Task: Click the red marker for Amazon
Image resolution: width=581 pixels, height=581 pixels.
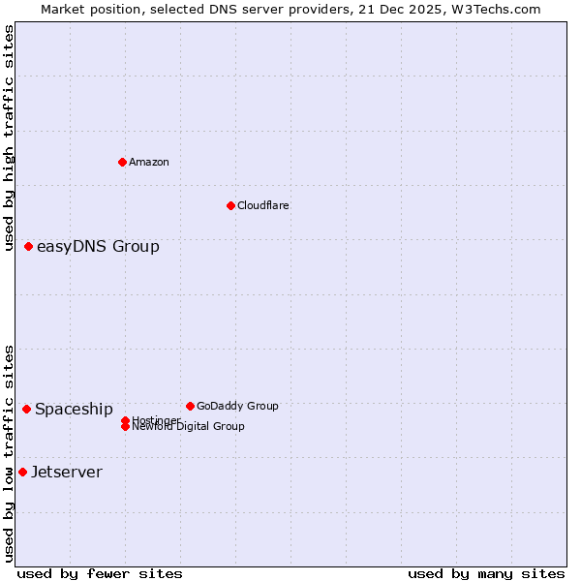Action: click(122, 162)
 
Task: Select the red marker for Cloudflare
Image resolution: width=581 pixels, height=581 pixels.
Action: click(230, 205)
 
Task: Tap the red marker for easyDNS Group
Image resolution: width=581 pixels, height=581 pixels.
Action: click(29, 246)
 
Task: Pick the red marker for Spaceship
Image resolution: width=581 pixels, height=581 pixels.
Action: click(26, 409)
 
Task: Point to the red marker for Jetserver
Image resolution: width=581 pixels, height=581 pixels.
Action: click(22, 472)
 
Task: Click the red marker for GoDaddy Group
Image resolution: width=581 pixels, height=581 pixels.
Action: click(190, 406)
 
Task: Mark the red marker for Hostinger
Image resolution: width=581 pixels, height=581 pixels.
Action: click(125, 420)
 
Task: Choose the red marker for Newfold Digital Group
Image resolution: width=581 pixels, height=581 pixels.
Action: click(125, 427)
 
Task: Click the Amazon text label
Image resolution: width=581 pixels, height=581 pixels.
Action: click(149, 162)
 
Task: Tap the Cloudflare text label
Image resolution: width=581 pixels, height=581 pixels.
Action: click(263, 205)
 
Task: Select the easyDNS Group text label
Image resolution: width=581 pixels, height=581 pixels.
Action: click(98, 246)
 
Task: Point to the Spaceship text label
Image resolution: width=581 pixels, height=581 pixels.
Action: click(74, 409)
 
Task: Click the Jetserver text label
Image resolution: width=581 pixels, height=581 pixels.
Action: click(67, 472)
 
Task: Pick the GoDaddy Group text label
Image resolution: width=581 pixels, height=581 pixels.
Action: click(237, 406)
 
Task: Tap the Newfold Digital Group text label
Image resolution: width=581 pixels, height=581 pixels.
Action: click(189, 427)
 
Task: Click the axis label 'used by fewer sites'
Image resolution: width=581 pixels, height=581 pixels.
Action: click(100, 573)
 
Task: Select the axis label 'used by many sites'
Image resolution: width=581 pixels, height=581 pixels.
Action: click(486, 573)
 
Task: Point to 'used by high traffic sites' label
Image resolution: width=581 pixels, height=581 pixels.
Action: click(9, 138)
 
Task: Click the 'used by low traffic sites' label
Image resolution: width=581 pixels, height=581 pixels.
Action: click(9, 452)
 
